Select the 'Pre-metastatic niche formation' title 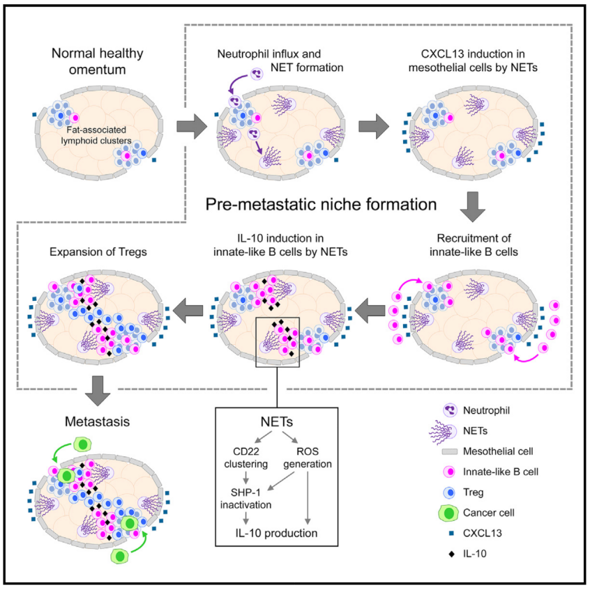pos(322,204)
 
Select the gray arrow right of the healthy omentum pos(192,127)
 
